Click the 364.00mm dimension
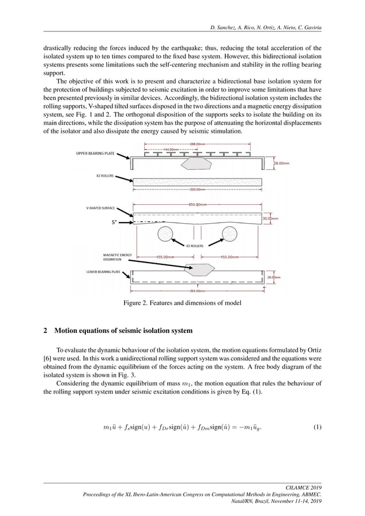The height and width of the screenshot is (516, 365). [x=198, y=291]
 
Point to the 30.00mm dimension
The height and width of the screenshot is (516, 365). [x=271, y=218]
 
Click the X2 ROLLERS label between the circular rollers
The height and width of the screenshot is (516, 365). [x=195, y=245]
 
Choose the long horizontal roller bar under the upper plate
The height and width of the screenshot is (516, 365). [x=198, y=182]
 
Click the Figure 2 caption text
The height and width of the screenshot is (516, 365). [x=182, y=303]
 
